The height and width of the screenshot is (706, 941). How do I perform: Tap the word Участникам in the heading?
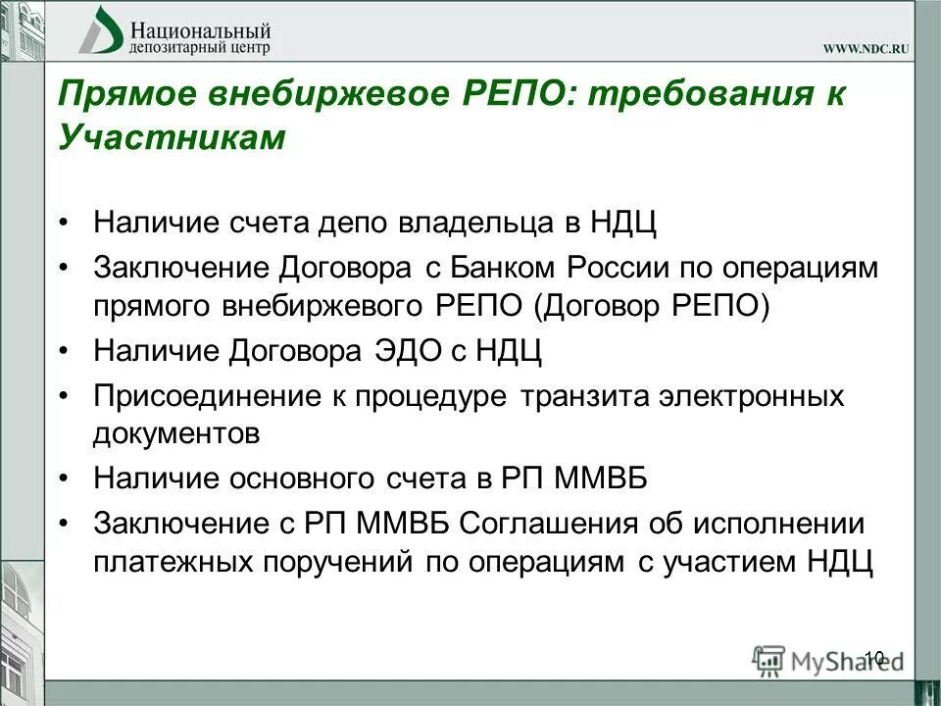pos(172,138)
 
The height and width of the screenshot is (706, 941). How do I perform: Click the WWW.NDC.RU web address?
pos(867,49)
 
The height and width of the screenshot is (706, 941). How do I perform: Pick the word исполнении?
pos(780,523)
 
